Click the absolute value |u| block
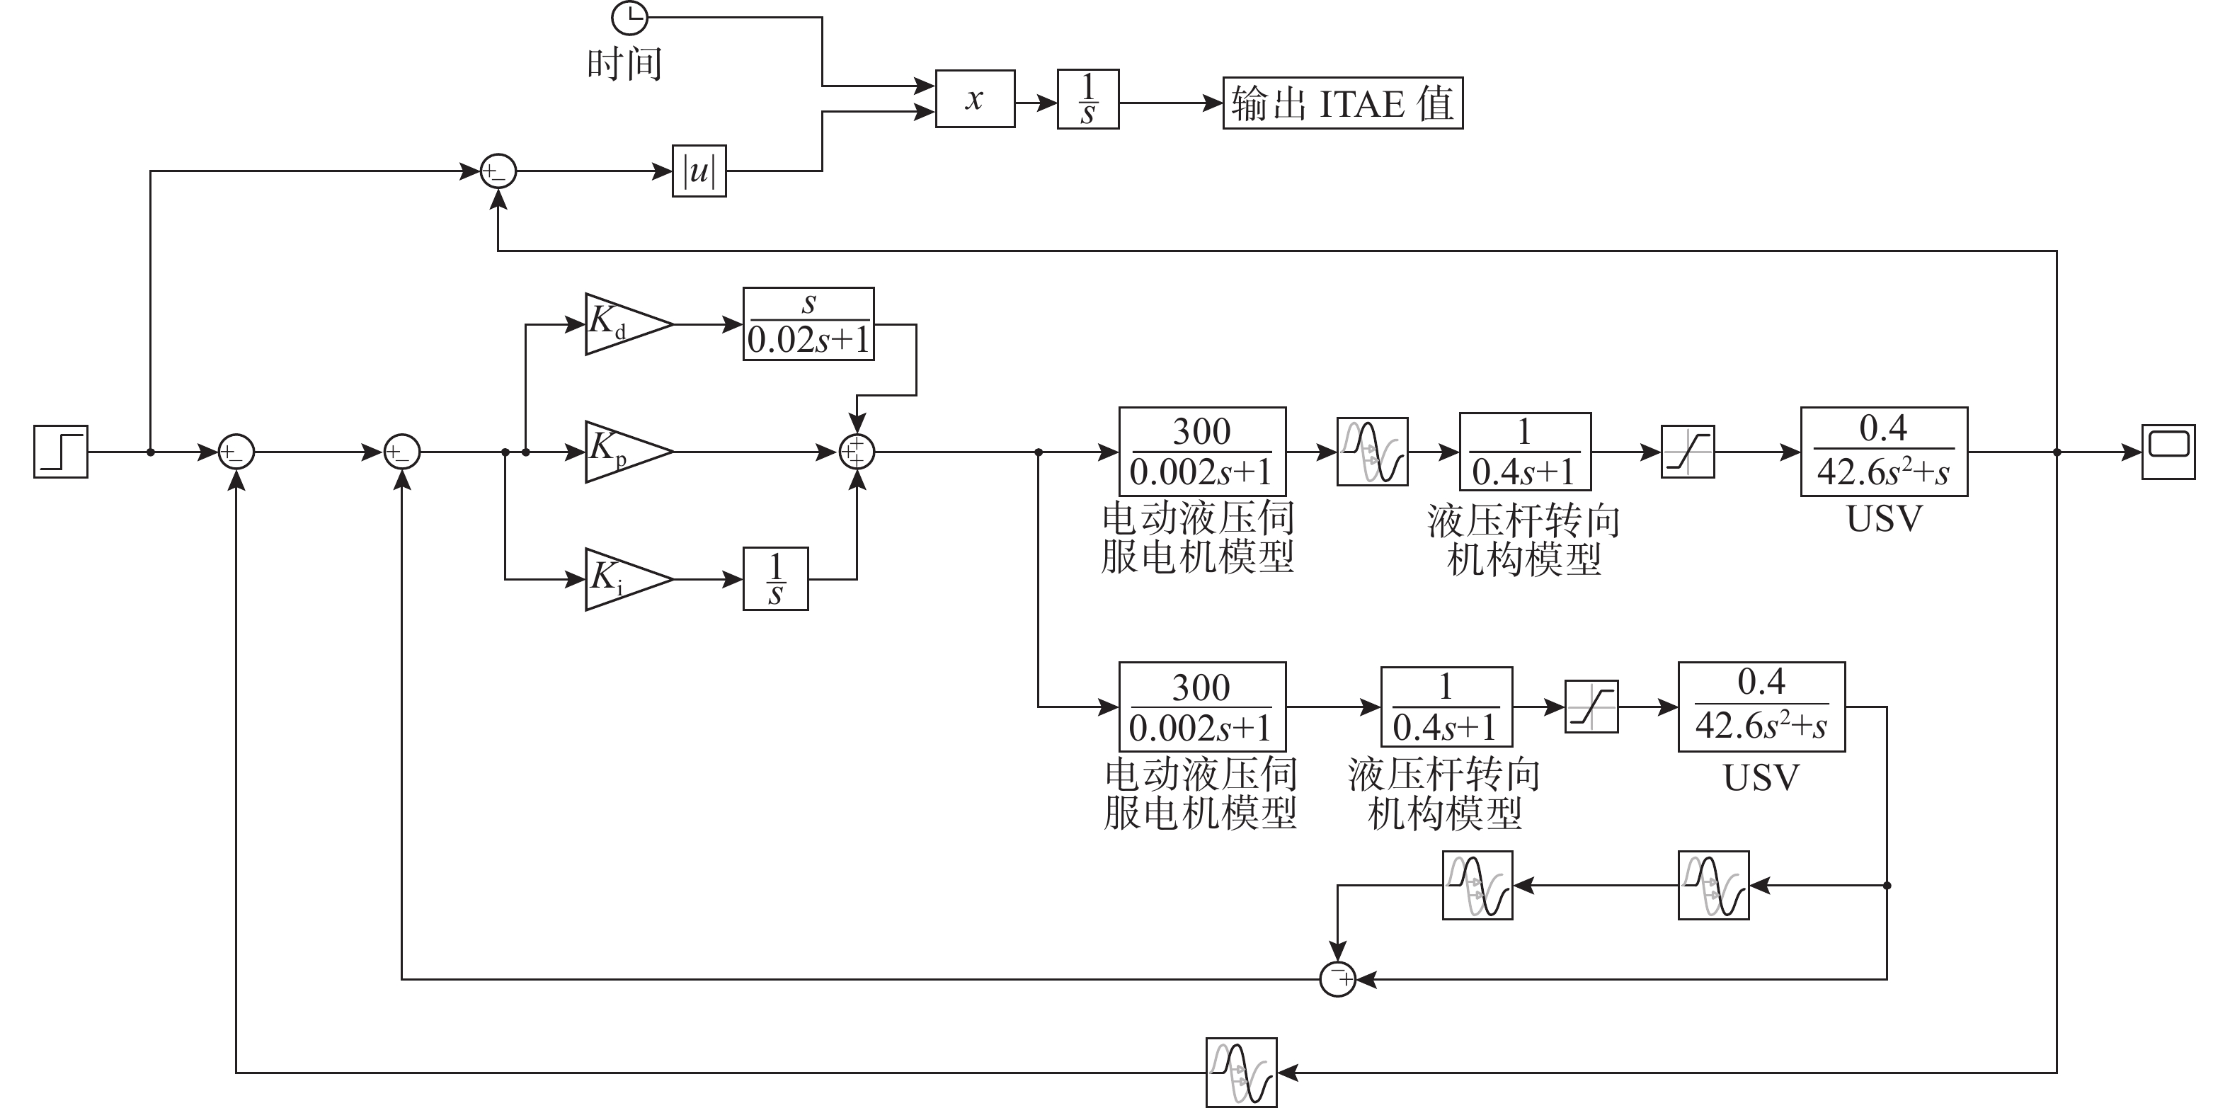coord(699,171)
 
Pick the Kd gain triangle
coord(623,324)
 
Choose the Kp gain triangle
coord(623,452)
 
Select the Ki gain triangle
coord(623,579)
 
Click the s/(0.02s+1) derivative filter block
coord(808,324)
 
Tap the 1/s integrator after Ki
coord(776,579)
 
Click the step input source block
coord(61,452)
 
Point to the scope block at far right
coord(2168,452)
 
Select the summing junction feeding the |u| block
coord(498,171)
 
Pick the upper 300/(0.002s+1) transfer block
coord(1203,452)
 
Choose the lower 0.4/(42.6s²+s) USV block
coord(1761,707)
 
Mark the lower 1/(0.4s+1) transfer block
coord(1446,707)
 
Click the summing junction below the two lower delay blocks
coord(1337,979)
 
